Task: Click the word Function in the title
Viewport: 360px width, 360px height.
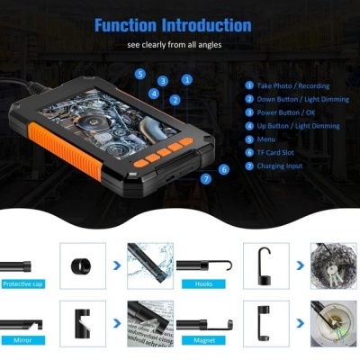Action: (125, 25)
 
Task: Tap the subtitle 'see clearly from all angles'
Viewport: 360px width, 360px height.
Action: (175, 45)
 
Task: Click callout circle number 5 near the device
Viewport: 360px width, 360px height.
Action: (140, 74)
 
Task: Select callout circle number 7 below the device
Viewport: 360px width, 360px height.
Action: (206, 179)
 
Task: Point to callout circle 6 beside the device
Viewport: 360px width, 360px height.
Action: (224, 169)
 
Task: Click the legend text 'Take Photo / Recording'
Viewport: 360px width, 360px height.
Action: (292, 86)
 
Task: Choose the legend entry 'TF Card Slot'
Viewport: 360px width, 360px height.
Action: (275, 152)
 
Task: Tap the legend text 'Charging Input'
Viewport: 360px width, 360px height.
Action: (280, 166)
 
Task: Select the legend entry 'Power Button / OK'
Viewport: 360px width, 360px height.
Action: (286, 112)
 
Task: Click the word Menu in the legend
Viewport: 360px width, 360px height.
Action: (266, 139)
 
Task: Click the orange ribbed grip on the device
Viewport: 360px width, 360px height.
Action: (65, 151)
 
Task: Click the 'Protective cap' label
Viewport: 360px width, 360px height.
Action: (22, 284)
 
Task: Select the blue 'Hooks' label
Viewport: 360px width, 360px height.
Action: (203, 284)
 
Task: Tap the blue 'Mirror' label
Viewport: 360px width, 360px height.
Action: (22, 340)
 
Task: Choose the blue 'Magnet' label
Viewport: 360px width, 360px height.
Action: (204, 340)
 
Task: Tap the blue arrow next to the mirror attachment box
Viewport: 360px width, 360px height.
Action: (117, 323)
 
